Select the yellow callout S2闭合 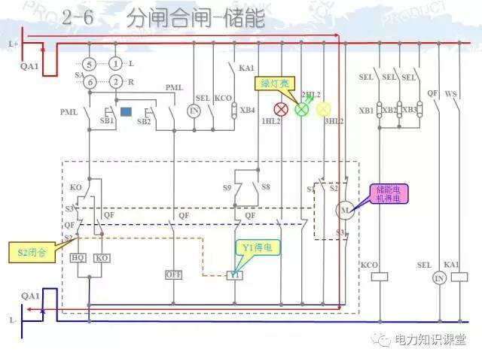pos(32,252)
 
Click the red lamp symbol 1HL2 pos(282,109)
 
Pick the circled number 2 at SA pos(115,81)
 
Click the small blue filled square pos(127,112)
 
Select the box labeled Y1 pos(235,275)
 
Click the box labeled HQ pos(78,257)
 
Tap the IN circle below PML pos(194,110)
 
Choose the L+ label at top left pos(13,44)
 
